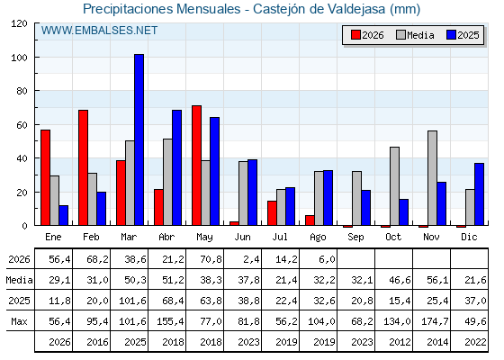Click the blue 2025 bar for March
(x=139, y=139)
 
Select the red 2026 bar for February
(x=83, y=167)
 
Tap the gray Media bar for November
(x=432, y=178)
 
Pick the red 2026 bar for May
(x=196, y=166)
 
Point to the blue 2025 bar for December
(x=479, y=194)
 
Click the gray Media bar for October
(x=395, y=186)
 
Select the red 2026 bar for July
(x=272, y=213)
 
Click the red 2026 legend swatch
(x=355, y=35)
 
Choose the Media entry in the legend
(x=415, y=35)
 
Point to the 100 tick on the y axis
(x=36, y=58)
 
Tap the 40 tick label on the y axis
(x=22, y=158)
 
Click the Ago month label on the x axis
(x=318, y=238)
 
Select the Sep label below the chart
(x=355, y=238)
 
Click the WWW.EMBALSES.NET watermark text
(x=99, y=31)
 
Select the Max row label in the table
(x=19, y=321)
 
